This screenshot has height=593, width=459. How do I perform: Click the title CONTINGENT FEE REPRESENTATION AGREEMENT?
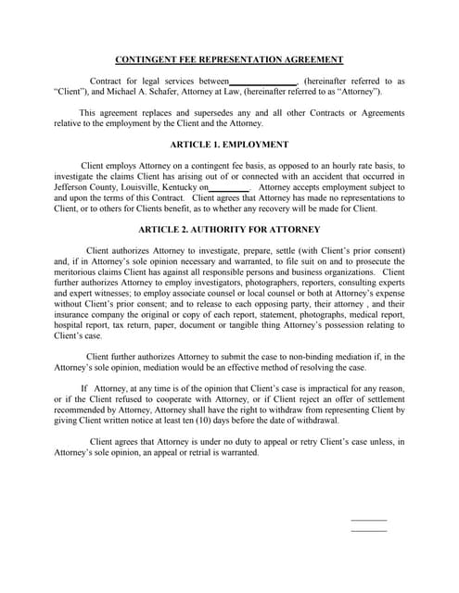click(x=229, y=60)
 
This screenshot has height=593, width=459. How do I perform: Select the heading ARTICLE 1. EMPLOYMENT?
click(x=229, y=145)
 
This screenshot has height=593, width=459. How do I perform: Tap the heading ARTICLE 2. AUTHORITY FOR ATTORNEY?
click(x=229, y=229)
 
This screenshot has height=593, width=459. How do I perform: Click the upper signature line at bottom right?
click(x=369, y=520)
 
